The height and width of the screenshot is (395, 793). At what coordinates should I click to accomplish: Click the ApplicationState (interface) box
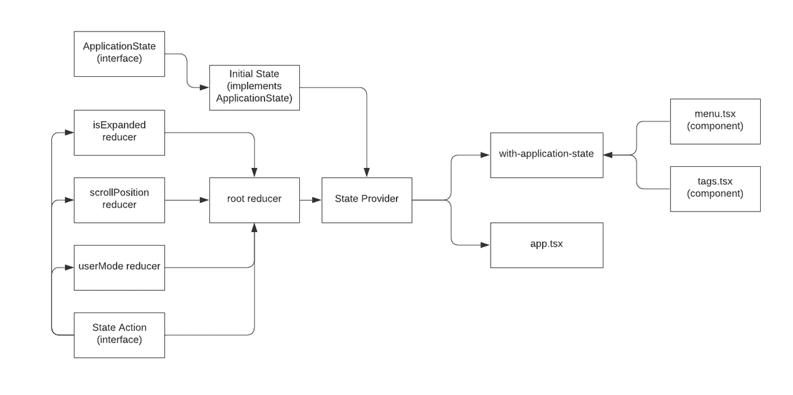point(119,54)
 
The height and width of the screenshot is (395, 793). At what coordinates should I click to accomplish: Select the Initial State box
point(254,87)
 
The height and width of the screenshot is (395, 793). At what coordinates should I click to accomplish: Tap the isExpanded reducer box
point(119,133)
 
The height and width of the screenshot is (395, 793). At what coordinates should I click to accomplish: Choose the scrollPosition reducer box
point(119,200)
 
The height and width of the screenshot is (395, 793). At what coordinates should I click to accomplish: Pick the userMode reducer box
point(119,267)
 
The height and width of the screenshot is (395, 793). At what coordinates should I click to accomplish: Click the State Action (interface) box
point(119,335)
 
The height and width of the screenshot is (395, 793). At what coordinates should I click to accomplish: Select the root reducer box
point(254,200)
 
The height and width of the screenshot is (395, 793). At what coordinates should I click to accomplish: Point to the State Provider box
point(367,200)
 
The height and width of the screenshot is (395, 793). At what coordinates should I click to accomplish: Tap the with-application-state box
point(546,155)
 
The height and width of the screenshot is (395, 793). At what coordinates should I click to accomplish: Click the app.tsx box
point(546,245)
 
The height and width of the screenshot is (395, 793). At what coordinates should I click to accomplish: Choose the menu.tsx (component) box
point(715,122)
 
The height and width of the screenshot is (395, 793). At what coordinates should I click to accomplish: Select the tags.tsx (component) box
point(715,189)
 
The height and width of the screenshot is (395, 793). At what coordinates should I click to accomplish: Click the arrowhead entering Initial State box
point(205,87)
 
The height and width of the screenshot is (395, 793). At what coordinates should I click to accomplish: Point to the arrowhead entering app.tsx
point(486,245)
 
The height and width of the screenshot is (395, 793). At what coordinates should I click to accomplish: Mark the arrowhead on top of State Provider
point(367,173)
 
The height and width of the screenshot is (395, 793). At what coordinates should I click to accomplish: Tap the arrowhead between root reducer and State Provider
point(317,200)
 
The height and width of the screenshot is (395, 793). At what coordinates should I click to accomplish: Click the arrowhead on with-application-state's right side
point(608,155)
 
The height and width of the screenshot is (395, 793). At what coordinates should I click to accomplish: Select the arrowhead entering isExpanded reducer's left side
point(69,133)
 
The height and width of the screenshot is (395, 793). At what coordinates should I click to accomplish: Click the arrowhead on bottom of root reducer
point(254,228)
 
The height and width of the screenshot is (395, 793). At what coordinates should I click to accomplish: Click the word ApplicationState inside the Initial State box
point(254,98)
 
